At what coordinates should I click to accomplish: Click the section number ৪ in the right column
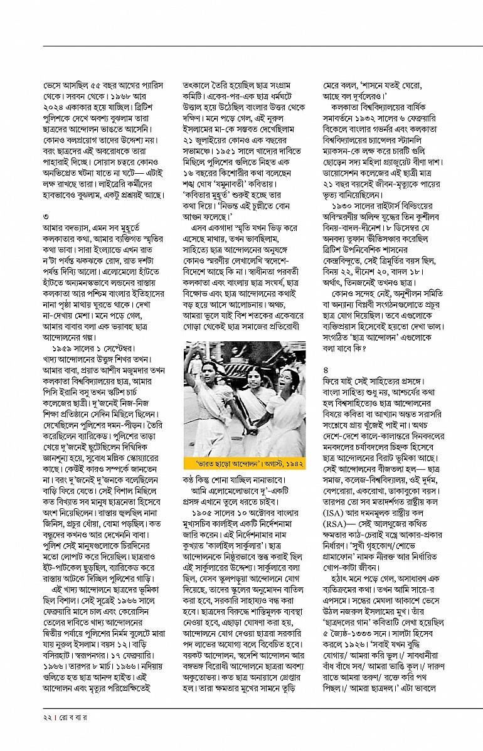coord(324,370)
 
